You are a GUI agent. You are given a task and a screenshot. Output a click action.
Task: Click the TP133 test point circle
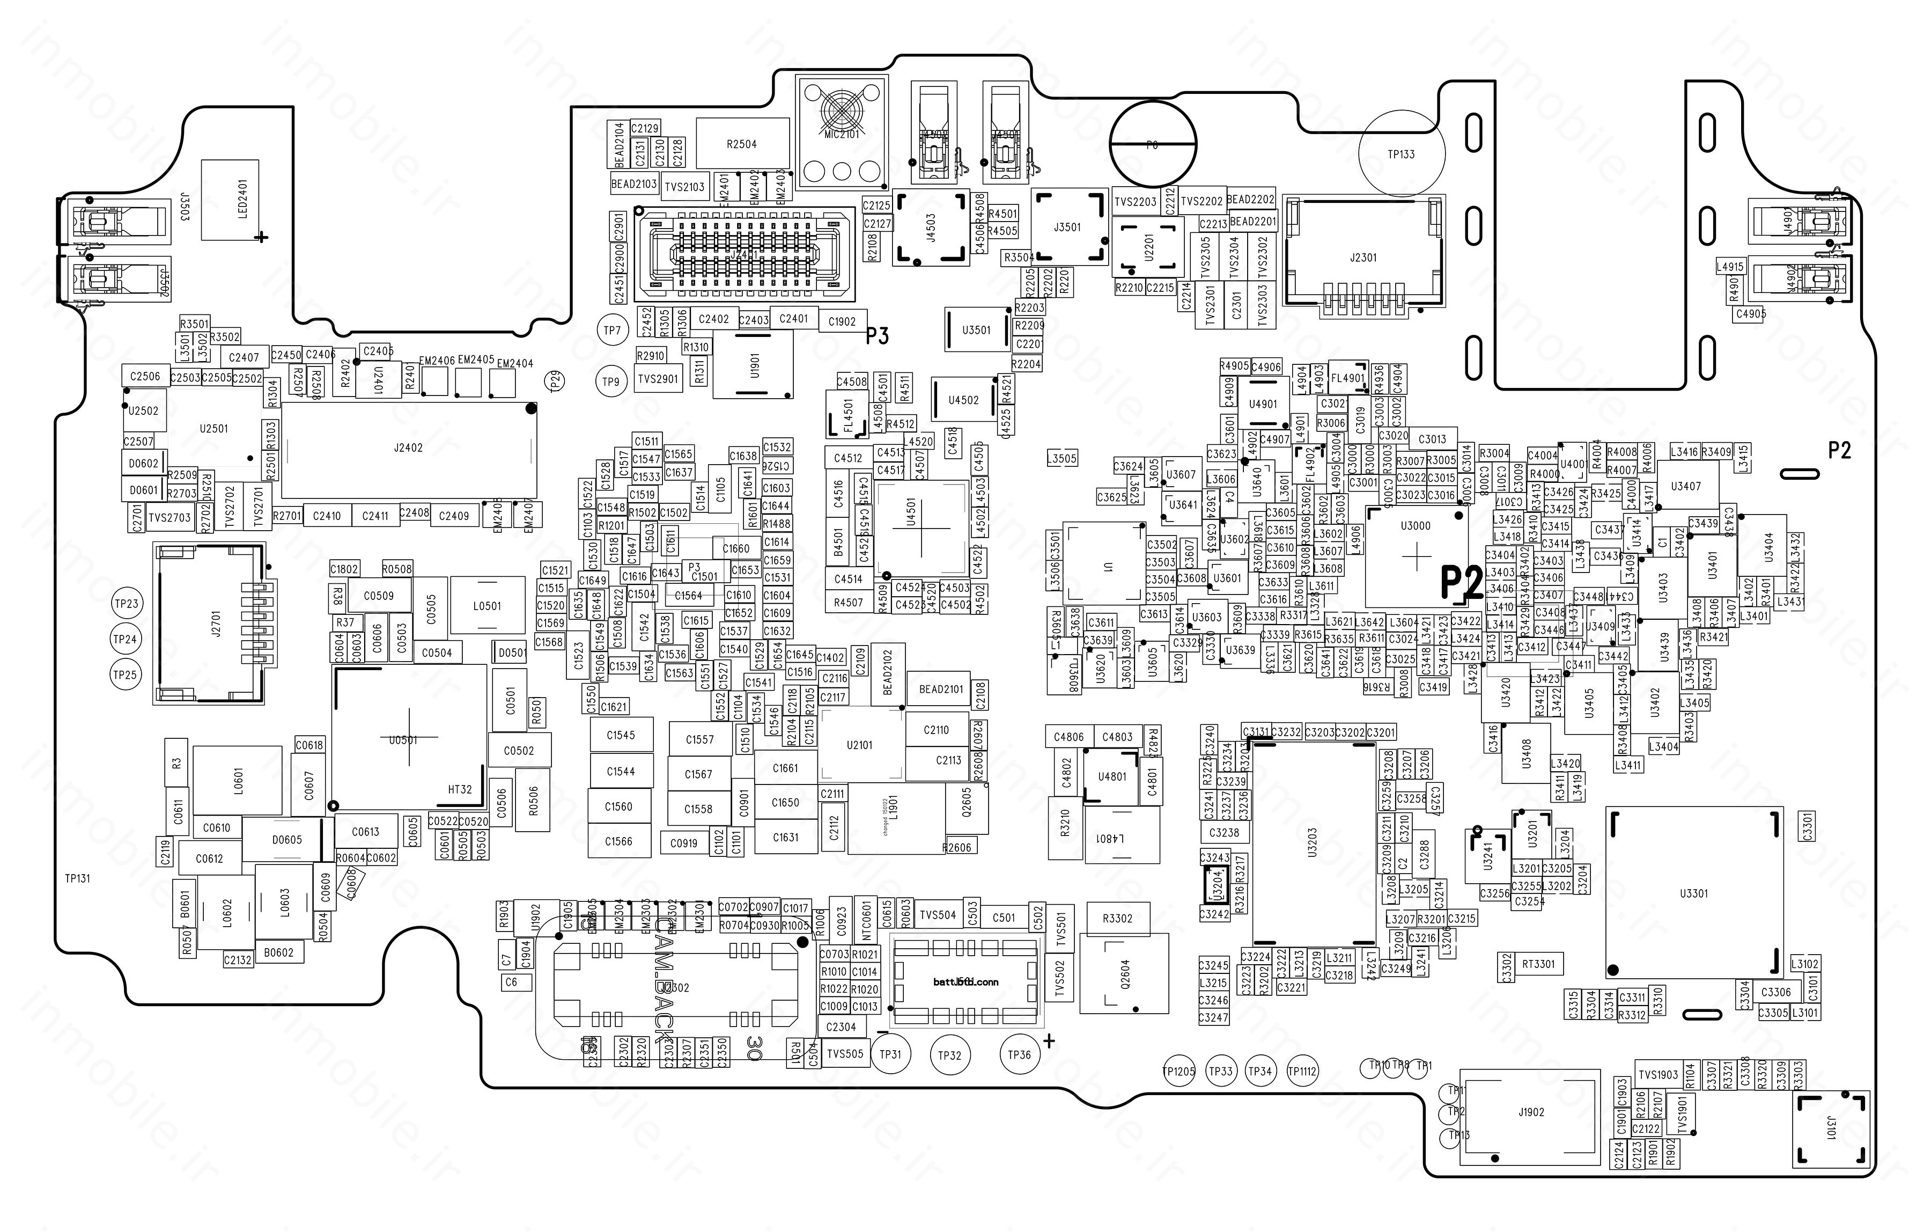(1401, 153)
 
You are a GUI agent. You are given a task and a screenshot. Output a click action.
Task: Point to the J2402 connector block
(408, 449)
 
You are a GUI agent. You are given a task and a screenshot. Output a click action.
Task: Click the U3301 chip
(1693, 893)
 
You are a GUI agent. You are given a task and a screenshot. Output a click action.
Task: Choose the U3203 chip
(1312, 843)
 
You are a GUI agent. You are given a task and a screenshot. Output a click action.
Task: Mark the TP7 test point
(612, 329)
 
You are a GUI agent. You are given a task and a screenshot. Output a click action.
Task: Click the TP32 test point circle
(949, 1055)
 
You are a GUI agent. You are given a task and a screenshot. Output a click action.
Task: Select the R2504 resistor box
(742, 144)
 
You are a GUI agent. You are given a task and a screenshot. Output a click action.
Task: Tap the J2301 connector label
(1364, 258)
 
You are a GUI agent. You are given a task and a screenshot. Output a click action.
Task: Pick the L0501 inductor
(487, 606)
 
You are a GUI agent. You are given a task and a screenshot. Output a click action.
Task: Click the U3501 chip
(976, 329)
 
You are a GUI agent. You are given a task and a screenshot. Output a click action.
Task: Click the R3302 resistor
(1118, 919)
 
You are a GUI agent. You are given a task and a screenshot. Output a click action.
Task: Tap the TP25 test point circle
(125, 674)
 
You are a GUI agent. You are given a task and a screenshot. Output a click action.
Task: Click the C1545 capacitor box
(620, 735)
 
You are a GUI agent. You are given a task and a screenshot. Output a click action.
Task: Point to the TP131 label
(78, 878)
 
